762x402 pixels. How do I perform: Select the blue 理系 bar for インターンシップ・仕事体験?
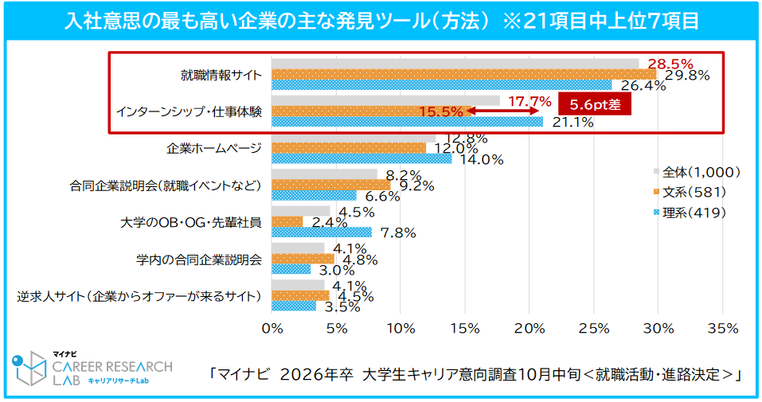(x=407, y=122)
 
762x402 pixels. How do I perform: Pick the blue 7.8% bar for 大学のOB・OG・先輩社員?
(x=322, y=232)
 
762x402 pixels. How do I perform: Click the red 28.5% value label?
(x=670, y=63)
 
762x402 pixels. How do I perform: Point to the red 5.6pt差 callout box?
(x=594, y=104)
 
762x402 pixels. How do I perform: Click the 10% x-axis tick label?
(x=401, y=329)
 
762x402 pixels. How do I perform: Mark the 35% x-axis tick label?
(x=722, y=329)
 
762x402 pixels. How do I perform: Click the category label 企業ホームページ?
(x=214, y=148)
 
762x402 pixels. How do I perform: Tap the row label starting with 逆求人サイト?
(x=139, y=296)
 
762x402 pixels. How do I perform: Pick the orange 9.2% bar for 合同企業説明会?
(x=331, y=185)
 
